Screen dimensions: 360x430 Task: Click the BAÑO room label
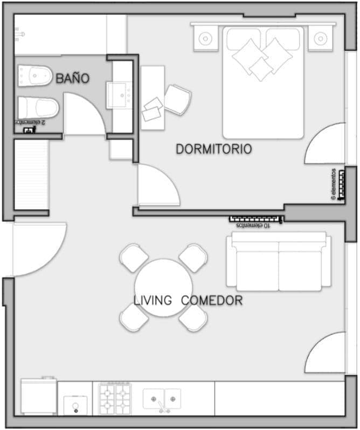(x=73, y=79)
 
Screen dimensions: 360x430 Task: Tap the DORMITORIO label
(x=214, y=149)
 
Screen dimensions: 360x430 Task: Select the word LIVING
(x=153, y=300)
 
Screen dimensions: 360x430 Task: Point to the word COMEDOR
(x=212, y=301)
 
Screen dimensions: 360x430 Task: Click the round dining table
(x=163, y=288)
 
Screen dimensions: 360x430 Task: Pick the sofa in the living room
(x=279, y=261)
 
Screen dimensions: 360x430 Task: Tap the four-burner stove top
(x=115, y=399)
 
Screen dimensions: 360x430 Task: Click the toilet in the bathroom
(x=38, y=108)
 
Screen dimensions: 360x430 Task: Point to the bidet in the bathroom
(x=35, y=75)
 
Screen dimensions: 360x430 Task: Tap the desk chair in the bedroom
(x=178, y=100)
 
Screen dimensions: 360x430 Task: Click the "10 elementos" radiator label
(x=253, y=225)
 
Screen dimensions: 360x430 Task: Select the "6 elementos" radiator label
(x=334, y=184)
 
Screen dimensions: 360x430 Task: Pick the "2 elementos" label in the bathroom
(x=30, y=122)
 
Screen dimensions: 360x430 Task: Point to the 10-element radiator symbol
(x=256, y=219)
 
